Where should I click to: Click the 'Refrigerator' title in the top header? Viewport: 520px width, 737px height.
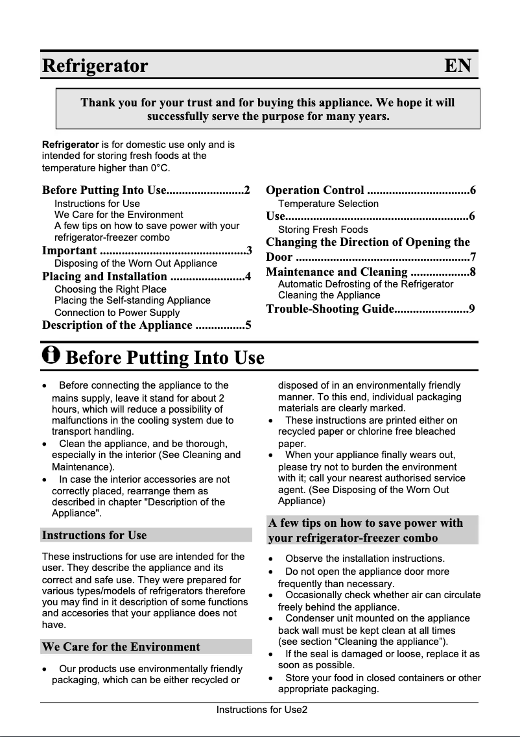coord(95,66)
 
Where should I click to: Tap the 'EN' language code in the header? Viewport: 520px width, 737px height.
coord(458,66)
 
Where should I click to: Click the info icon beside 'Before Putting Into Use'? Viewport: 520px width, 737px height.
coord(51,356)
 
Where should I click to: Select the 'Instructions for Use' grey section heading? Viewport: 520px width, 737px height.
coord(95,535)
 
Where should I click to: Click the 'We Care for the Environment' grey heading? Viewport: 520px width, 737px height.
coord(121,647)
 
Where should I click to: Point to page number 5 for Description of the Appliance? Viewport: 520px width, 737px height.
coord(248,325)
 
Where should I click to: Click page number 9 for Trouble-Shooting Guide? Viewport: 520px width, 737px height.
coord(472,309)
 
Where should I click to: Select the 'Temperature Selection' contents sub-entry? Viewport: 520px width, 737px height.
coord(328,204)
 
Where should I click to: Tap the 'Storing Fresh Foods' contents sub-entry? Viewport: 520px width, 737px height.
coord(323,230)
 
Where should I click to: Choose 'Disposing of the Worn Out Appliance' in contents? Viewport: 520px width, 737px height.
coord(136,263)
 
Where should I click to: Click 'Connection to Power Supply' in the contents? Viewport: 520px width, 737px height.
coord(117,312)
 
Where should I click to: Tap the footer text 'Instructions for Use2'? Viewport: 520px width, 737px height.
coord(261,710)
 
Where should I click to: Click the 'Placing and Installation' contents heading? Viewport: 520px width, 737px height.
coord(104,277)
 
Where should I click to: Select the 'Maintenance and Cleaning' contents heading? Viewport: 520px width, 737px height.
coord(337,272)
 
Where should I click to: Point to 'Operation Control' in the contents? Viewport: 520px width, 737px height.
coord(315,190)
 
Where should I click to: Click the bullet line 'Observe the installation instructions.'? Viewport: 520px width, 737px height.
coord(364,558)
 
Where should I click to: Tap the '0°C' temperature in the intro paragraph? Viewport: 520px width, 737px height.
coord(160,168)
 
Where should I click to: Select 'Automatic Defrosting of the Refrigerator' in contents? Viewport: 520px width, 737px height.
coord(366,284)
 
